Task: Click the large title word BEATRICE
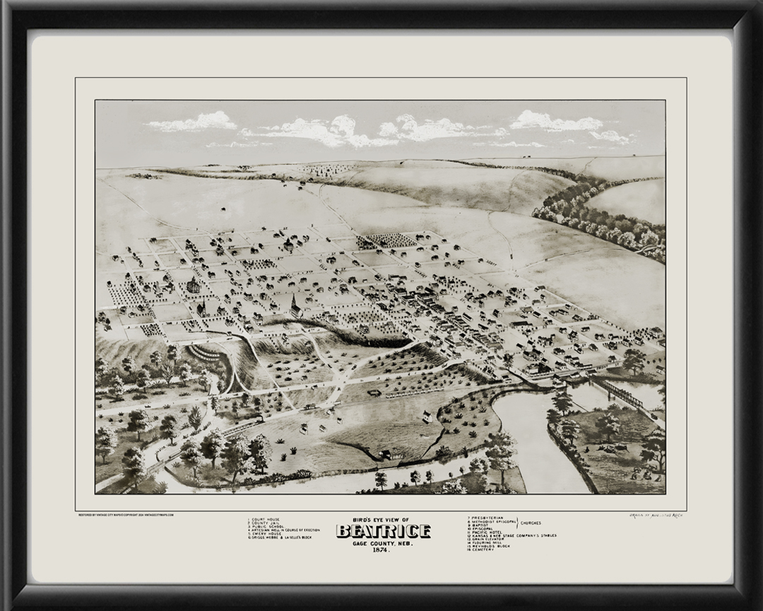pyautogui.click(x=383, y=531)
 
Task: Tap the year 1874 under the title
pyautogui.click(x=382, y=550)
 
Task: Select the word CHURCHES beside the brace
pyautogui.click(x=531, y=523)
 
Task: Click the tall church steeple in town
pyautogui.click(x=295, y=305)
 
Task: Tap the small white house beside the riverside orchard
pyautogui.click(x=427, y=417)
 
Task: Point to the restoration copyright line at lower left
pyautogui.click(x=126, y=515)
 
